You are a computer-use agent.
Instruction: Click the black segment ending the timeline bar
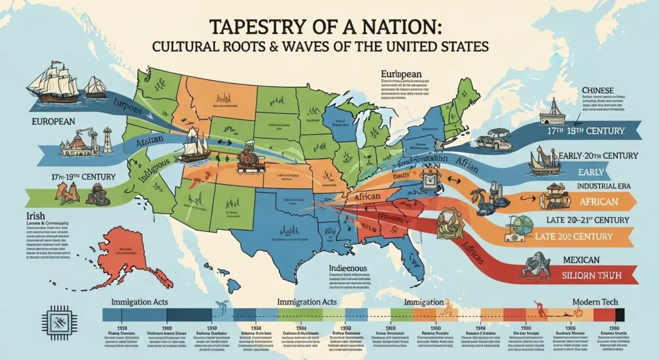click(620, 315)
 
